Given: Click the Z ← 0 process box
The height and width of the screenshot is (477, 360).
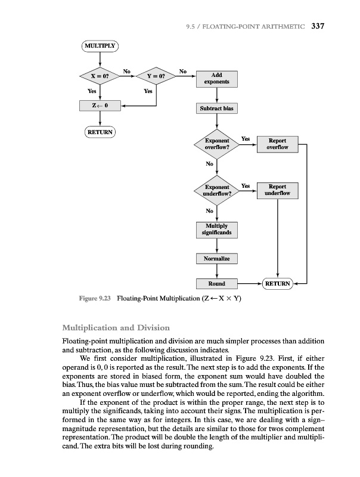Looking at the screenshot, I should click(x=100, y=106).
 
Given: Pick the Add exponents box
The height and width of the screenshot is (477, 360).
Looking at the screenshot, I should click(x=217, y=79).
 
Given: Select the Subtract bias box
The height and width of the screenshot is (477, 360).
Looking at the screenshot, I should click(x=217, y=109).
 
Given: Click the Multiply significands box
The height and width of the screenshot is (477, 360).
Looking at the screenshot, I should click(x=217, y=230).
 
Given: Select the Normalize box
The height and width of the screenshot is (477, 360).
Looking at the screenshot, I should click(x=217, y=259).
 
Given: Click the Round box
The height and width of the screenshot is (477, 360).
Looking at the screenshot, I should click(x=217, y=283).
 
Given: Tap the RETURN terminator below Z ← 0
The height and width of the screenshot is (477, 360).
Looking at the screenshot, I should click(x=100, y=132).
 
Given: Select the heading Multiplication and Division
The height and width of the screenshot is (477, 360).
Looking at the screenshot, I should click(x=116, y=328).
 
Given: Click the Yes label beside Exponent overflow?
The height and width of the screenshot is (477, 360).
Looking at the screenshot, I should click(x=245, y=139).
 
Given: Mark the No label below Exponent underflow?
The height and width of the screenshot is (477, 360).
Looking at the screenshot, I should click(x=210, y=211).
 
